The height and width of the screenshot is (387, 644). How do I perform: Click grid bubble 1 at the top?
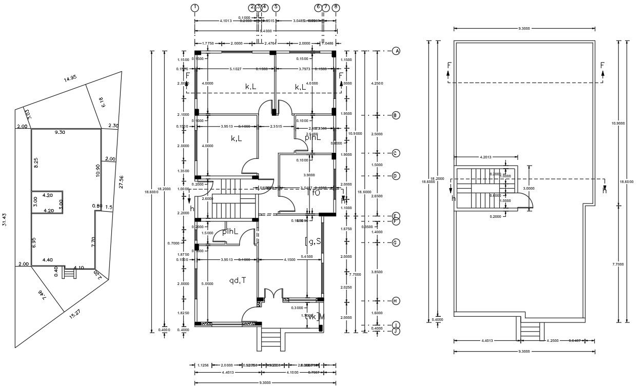pyautogui.click(x=195, y=7)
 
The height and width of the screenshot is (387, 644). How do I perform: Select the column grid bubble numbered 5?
pyautogui.click(x=276, y=7)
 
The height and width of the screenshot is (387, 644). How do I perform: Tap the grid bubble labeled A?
pyautogui.click(x=396, y=51)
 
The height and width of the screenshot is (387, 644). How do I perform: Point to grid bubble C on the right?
pyautogui.click(x=396, y=153)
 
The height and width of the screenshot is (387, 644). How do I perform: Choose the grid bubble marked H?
pyautogui.click(x=396, y=301)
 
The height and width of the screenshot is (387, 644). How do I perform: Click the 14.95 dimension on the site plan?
pyautogui.click(x=70, y=78)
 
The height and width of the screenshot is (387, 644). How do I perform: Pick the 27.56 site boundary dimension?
pyautogui.click(x=122, y=182)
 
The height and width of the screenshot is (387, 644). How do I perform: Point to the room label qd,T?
pyautogui.click(x=237, y=280)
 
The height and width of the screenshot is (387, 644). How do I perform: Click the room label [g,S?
pyautogui.click(x=313, y=241)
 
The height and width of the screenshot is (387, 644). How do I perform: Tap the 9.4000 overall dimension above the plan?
pyautogui.click(x=265, y=31)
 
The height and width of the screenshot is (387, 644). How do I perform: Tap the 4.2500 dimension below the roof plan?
pyautogui.click(x=553, y=340)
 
